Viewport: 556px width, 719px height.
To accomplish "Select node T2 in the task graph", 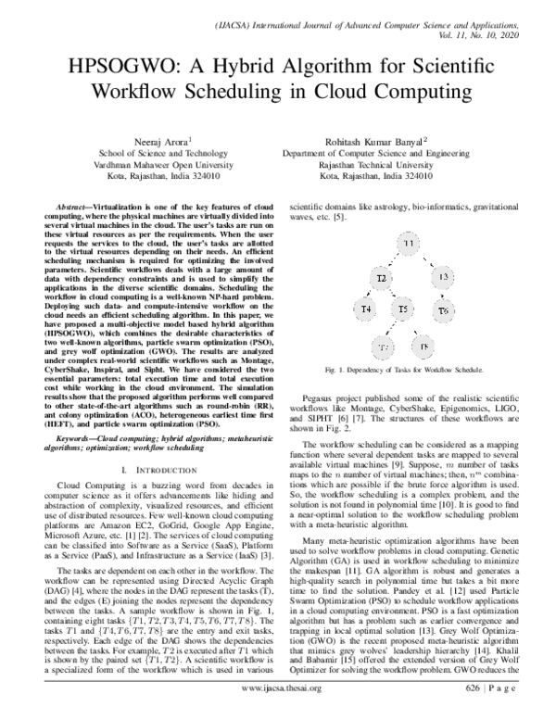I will tap(381, 278).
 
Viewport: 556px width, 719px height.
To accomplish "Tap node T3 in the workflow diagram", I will tap(443, 277).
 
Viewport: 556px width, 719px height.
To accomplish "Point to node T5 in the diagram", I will tap(403, 309).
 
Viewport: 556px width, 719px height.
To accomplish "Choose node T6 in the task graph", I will tap(443, 309).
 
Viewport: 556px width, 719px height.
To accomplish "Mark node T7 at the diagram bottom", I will tap(382, 347).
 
